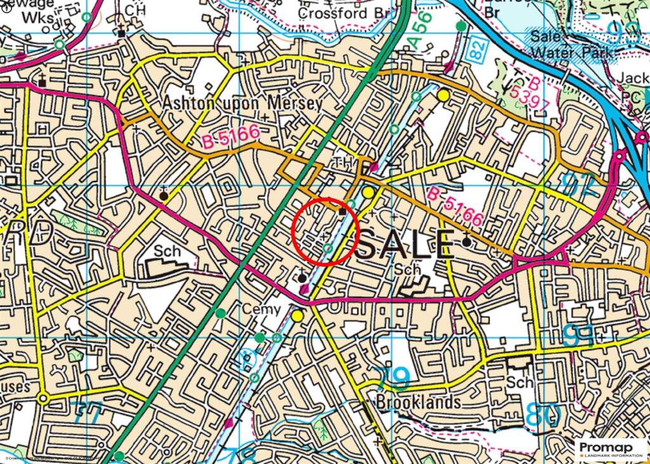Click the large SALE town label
coord(406,244)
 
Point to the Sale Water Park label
coord(580,44)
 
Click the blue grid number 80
coord(543,416)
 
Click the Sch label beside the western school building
coord(166,251)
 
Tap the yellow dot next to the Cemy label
coord(297,315)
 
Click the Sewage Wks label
coord(38,11)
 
